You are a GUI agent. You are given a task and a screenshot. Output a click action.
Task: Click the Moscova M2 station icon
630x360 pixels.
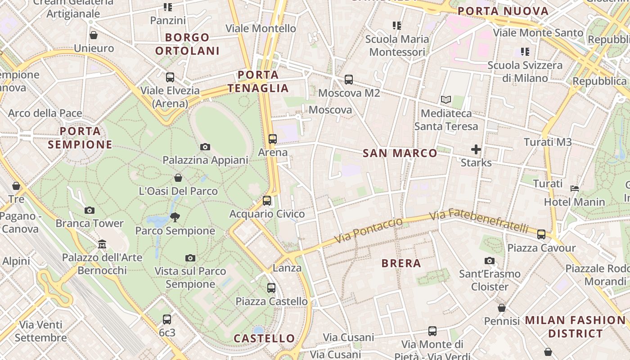[349, 80]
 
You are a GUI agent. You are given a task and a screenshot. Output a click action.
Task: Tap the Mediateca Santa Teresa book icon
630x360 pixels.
[446, 99]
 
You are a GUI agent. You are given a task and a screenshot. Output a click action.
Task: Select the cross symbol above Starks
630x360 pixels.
[476, 149]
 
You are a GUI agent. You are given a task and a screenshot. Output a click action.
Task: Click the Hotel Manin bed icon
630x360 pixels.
[575, 189]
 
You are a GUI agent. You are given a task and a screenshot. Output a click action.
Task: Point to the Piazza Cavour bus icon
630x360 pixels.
[541, 234]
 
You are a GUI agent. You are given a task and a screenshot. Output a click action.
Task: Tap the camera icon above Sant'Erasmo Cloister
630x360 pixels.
[490, 261]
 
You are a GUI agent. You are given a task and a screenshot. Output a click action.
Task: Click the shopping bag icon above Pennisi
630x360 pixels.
[502, 308]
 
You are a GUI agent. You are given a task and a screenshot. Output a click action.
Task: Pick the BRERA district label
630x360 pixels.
[401, 263]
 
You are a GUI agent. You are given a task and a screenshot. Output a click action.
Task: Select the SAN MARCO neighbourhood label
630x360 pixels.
[400, 153]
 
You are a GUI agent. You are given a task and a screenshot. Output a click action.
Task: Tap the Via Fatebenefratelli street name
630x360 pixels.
[479, 220]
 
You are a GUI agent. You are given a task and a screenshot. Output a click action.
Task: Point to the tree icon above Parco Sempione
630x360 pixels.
[175, 217]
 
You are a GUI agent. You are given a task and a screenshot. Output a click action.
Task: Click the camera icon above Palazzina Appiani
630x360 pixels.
[205, 147]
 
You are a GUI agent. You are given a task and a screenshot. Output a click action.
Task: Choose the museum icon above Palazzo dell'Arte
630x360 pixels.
[102, 244]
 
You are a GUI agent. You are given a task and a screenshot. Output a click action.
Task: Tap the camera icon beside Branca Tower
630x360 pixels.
[90, 210]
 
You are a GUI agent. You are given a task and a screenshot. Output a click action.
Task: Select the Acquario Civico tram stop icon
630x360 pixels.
[267, 201]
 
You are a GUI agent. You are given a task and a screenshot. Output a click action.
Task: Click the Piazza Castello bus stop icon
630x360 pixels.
[271, 288]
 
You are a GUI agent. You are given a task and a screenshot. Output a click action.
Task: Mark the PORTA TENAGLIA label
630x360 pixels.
[258, 81]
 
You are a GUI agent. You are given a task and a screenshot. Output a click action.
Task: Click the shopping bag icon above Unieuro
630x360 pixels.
[94, 35]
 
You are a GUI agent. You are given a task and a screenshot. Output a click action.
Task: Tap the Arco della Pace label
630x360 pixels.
[45, 113]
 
